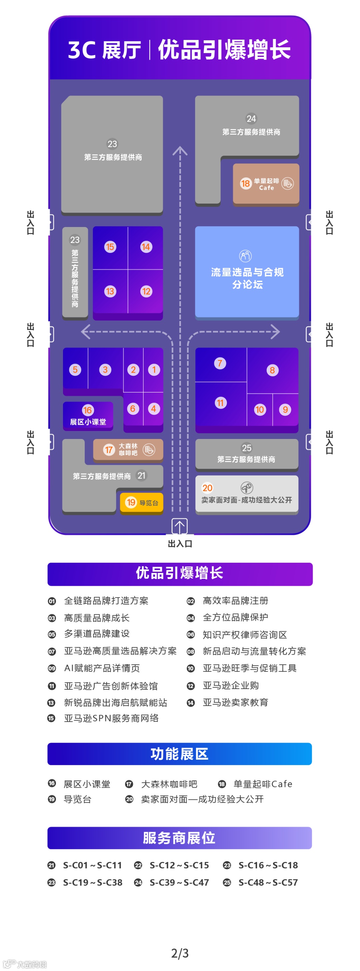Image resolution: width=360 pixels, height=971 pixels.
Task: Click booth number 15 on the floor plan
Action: [x=110, y=247]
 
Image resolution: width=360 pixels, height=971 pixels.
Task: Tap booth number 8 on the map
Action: [x=272, y=370]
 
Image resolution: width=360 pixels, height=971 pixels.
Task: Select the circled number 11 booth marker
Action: [x=220, y=403]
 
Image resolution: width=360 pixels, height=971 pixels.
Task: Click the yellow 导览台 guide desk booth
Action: [x=142, y=502]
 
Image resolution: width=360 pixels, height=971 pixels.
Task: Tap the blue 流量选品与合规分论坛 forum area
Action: [x=247, y=272]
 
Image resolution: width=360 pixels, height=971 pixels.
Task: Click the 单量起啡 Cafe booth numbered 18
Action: [x=266, y=184]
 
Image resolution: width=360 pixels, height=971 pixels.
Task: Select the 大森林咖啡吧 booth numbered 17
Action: [x=128, y=449]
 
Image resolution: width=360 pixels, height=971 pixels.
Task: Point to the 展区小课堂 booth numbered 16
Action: [x=88, y=416]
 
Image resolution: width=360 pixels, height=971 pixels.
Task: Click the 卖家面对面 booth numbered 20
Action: [x=247, y=494]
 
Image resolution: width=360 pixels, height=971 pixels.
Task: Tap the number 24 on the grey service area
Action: [x=251, y=119]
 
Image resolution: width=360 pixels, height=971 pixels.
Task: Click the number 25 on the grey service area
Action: [x=247, y=448]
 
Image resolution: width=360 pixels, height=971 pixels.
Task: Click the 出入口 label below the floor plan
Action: [x=180, y=544]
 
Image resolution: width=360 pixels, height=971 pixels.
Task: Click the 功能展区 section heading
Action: [x=179, y=754]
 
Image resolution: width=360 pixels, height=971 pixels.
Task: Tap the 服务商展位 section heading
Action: [x=179, y=838]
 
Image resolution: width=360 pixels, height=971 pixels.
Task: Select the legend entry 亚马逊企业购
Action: [x=231, y=685]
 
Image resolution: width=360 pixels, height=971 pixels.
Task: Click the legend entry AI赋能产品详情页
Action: [x=102, y=668]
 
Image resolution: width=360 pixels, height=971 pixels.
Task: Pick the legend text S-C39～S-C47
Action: [x=179, y=882]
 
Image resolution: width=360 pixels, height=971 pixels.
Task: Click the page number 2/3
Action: [x=180, y=953]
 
